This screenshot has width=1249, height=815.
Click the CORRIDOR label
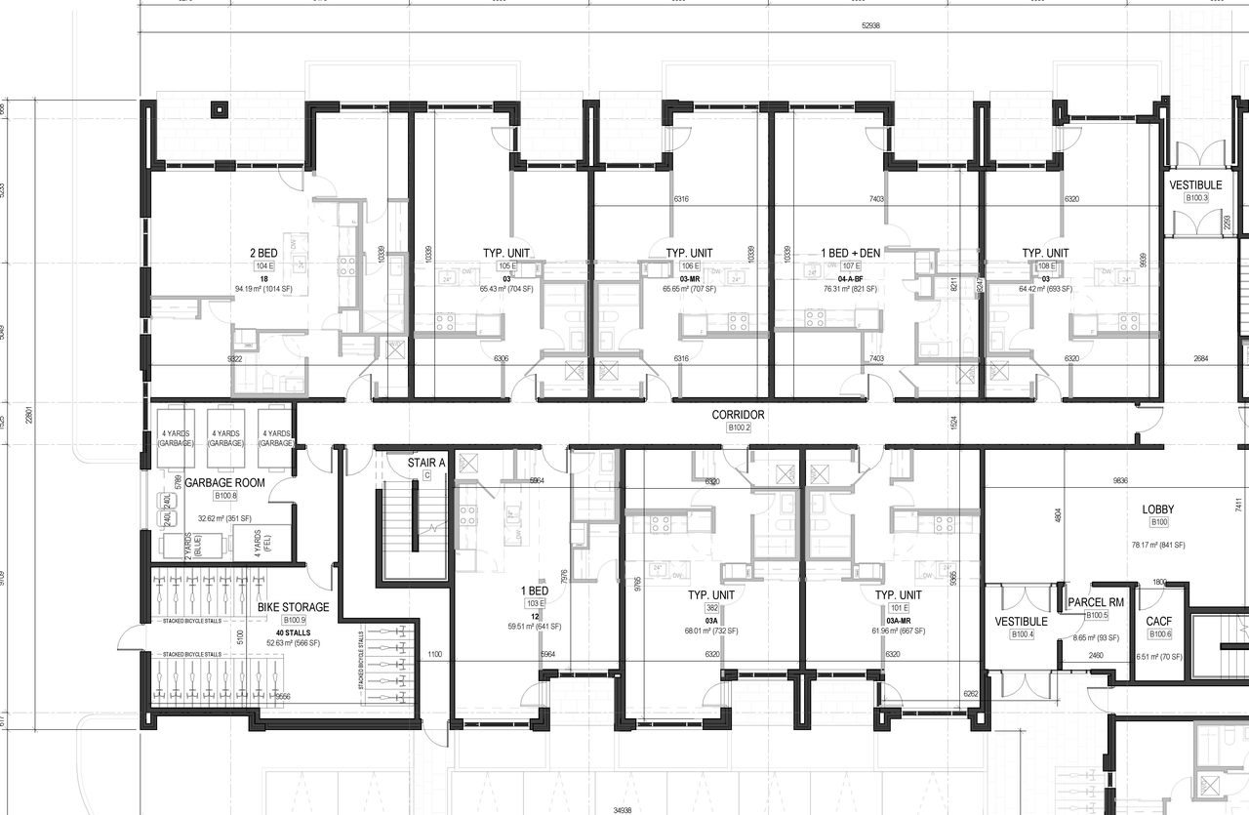[738, 415]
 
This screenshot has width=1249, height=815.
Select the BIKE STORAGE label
[293, 607]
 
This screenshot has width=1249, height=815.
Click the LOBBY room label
[1158, 509]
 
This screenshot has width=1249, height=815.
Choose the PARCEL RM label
[1096, 602]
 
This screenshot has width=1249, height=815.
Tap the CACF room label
[1159, 621]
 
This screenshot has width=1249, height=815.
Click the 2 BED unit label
[263, 254]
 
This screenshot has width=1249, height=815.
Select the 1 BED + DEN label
[851, 253]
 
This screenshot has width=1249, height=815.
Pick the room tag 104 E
[263, 265]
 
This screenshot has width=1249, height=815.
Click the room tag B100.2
[738, 428]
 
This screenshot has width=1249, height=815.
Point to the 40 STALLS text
[294, 631]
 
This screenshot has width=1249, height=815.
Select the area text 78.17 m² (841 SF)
[1158, 545]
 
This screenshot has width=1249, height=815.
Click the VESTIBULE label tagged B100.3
[1195, 185]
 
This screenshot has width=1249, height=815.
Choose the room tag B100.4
[1021, 634]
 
